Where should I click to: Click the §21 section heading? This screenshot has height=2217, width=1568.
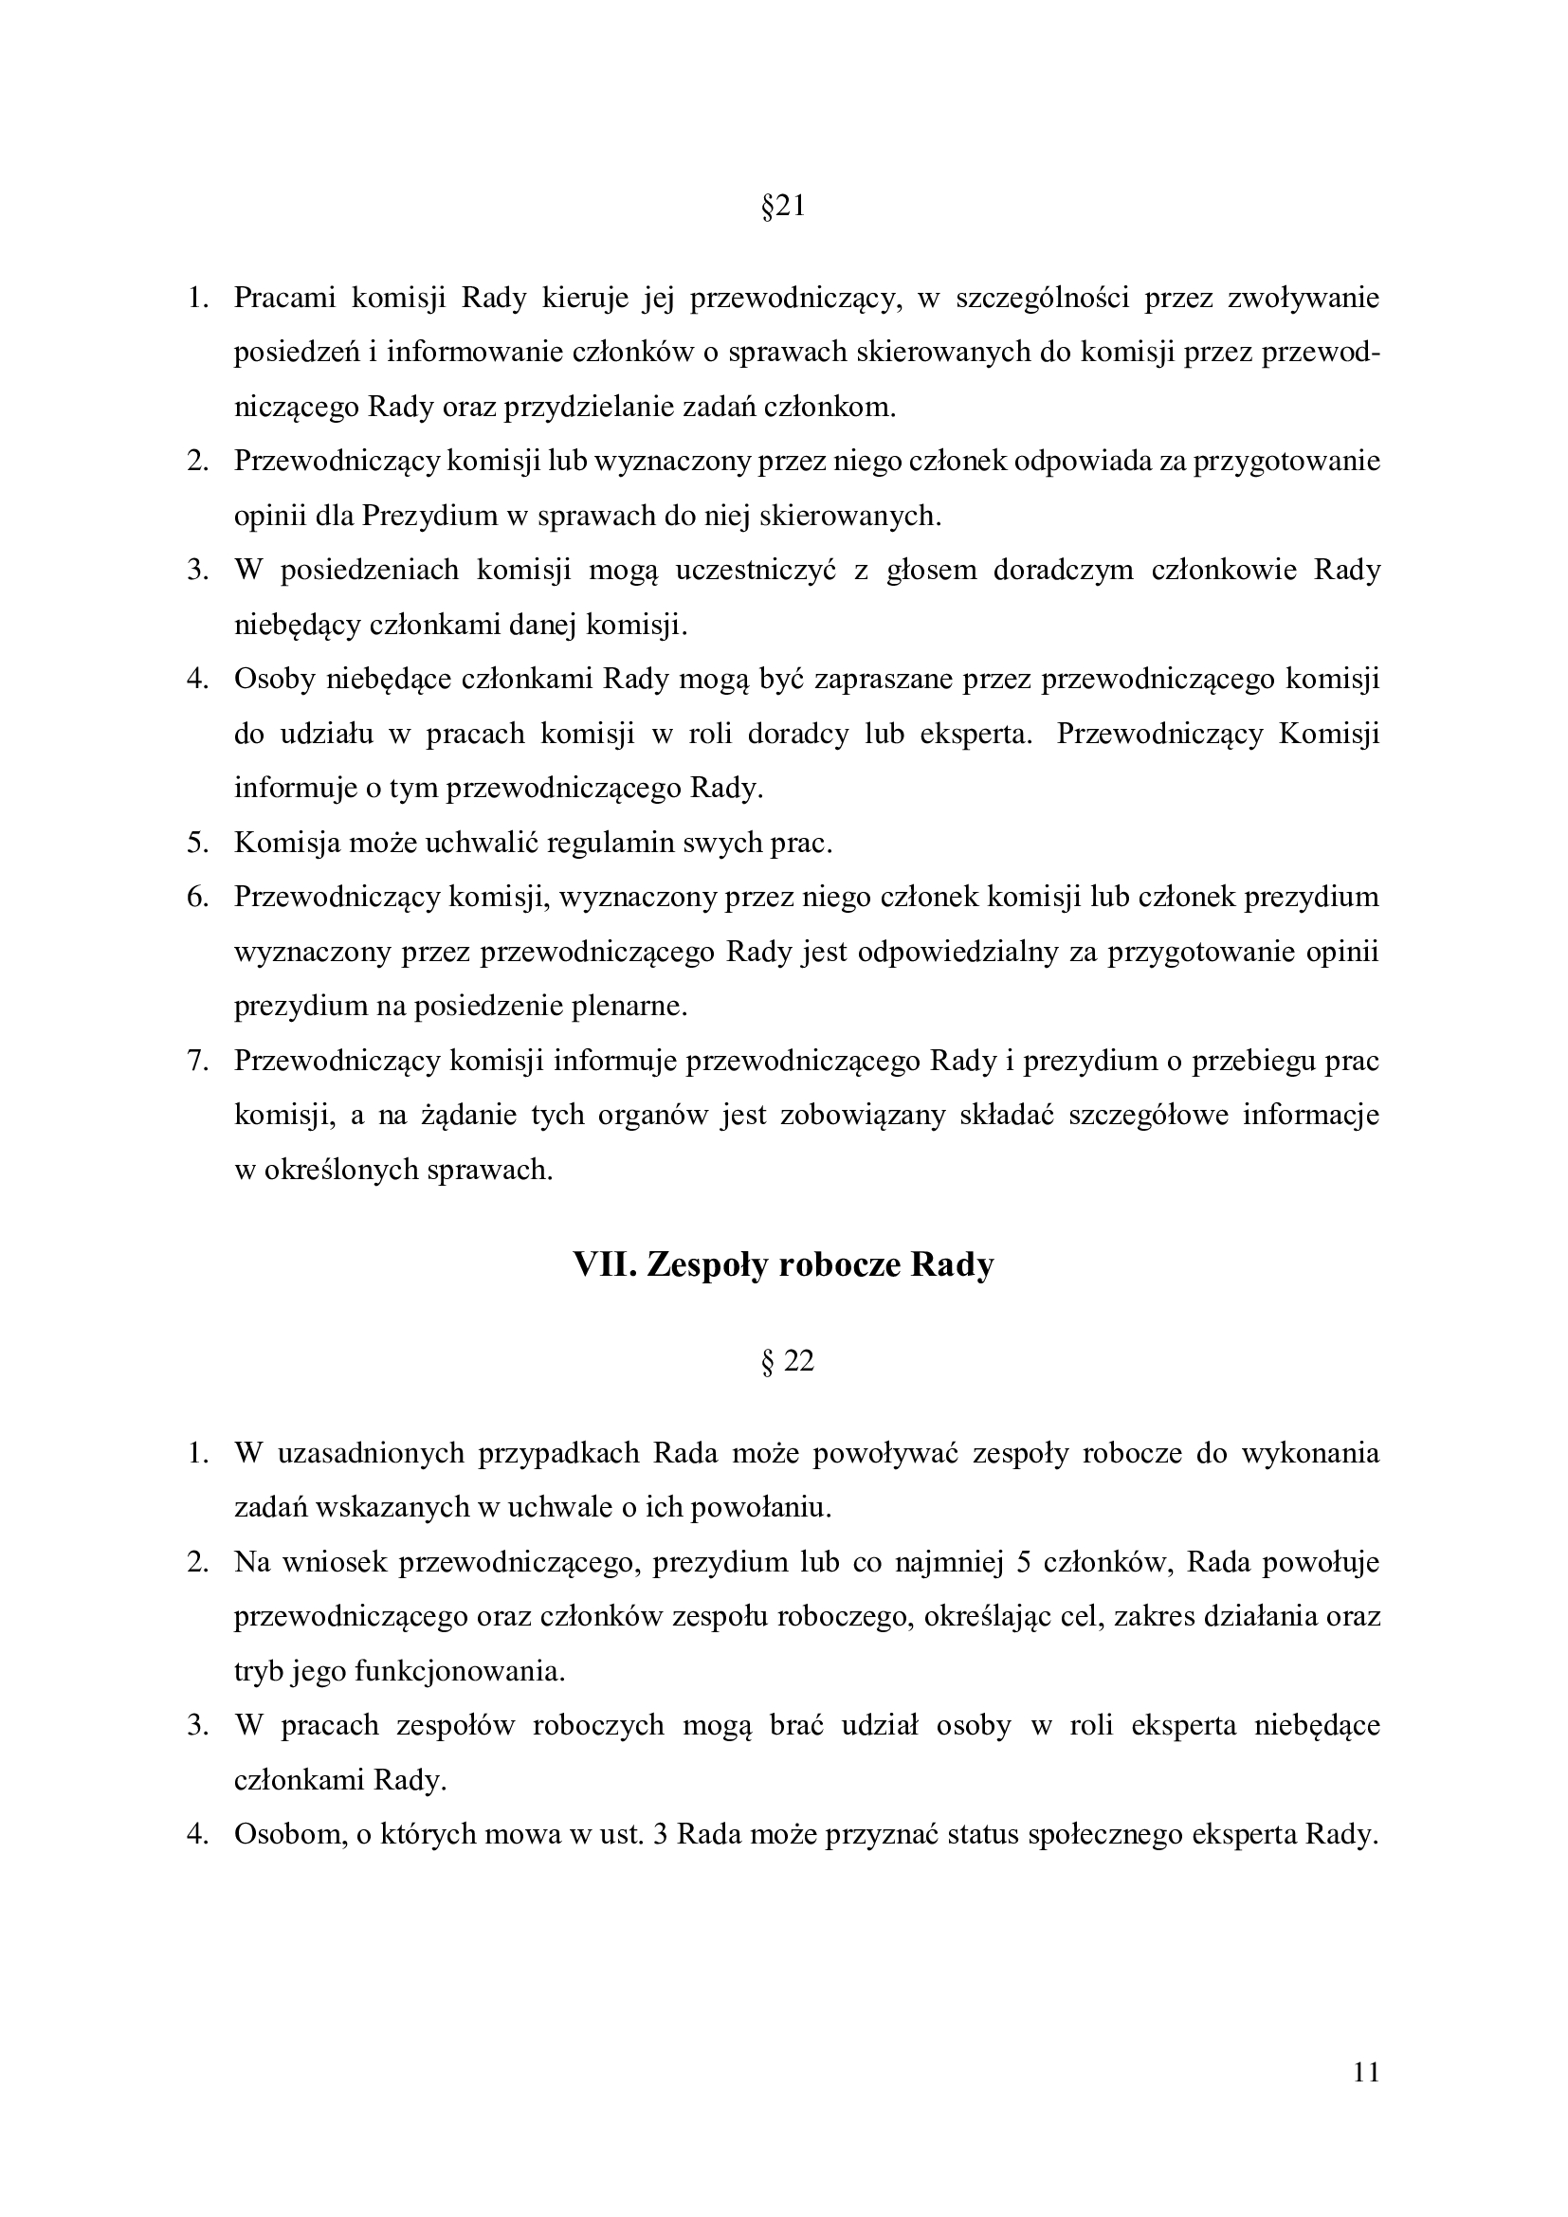(783, 207)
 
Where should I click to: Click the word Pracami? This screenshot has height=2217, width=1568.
(284, 298)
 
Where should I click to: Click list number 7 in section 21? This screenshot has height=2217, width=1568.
(197, 1062)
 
